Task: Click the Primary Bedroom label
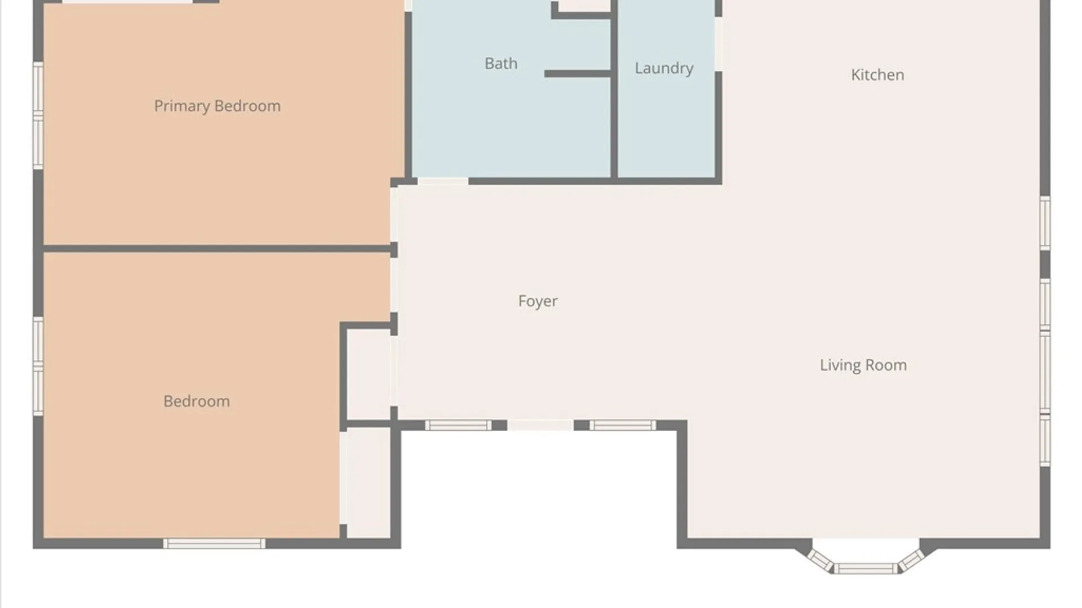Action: (217, 106)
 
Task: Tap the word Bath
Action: (501, 63)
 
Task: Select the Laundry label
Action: (664, 68)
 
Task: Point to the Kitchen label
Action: (877, 74)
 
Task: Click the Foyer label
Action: (538, 301)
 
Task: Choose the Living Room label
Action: (863, 365)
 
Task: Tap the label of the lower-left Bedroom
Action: (197, 401)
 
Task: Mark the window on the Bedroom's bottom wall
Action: (214, 543)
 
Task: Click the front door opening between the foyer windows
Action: (540, 425)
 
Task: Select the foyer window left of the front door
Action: (458, 425)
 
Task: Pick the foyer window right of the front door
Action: (623, 425)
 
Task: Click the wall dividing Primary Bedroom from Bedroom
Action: (218, 248)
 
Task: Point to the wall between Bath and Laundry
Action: (614, 90)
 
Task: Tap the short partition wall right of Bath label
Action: (578, 74)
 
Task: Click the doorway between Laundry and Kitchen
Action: (719, 44)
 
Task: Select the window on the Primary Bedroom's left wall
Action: (38, 115)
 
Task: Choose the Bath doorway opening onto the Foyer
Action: (443, 181)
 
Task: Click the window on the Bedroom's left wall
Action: (38, 366)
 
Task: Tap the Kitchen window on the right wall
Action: (1045, 223)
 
